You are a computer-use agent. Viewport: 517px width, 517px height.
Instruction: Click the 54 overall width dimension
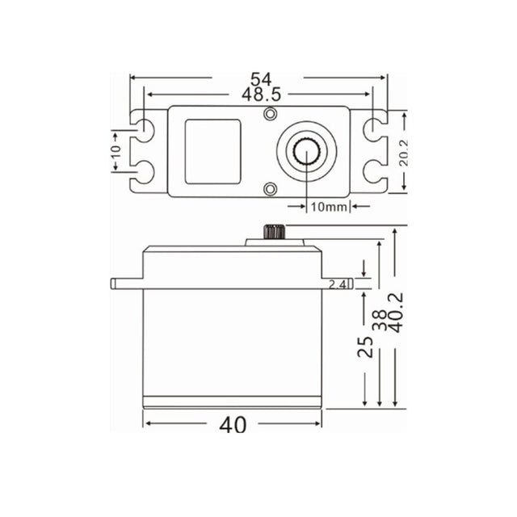[258, 79]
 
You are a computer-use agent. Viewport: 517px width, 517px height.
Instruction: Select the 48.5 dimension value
[258, 95]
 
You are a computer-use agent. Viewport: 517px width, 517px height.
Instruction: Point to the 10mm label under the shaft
[328, 206]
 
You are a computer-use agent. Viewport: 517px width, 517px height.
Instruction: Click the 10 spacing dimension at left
[116, 149]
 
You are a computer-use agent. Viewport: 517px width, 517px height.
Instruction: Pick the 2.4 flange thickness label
[339, 284]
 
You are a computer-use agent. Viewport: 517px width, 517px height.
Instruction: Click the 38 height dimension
[380, 320]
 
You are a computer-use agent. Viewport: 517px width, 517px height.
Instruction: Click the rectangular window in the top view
[212, 150]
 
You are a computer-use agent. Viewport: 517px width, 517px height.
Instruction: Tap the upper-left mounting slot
[144, 129]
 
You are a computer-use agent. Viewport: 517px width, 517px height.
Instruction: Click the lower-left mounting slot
[144, 170]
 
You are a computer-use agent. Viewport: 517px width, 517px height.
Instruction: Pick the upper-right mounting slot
[375, 129]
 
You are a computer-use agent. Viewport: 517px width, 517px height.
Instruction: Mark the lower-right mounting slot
[375, 170]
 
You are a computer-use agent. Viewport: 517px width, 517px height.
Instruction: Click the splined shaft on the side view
[271, 233]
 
